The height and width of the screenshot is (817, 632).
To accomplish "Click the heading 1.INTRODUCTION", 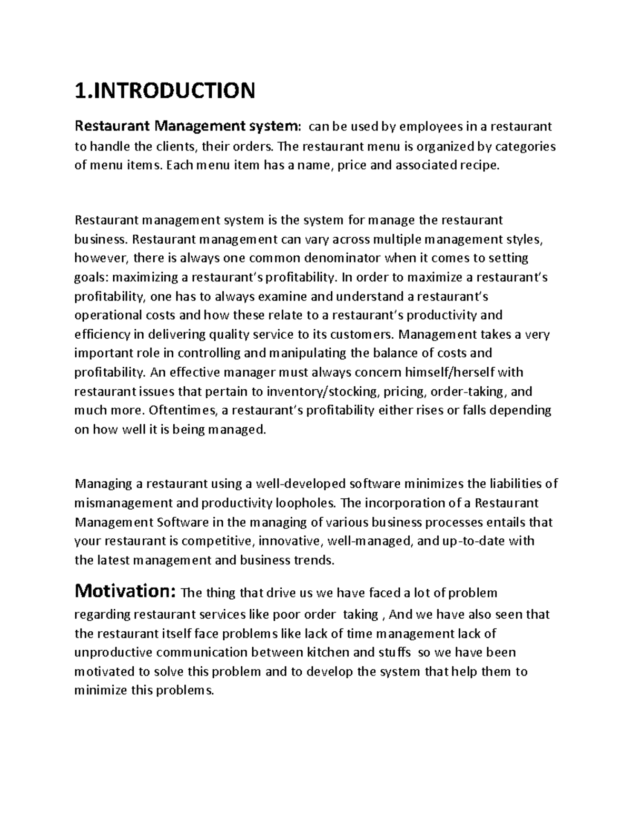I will click(x=165, y=90).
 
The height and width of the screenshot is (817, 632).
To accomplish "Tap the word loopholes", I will click(x=305, y=503).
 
